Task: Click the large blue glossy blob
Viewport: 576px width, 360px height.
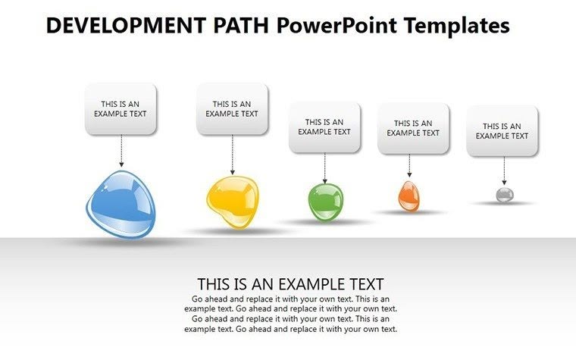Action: coord(123,205)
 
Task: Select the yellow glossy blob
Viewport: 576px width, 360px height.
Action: coord(231,200)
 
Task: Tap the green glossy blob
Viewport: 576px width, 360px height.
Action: coord(325,202)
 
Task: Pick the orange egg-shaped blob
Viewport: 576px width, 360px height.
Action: coord(409,196)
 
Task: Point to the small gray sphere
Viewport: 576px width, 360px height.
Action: coord(505,195)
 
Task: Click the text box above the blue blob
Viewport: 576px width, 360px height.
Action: coord(121,109)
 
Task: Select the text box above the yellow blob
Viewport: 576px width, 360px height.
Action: coord(232,109)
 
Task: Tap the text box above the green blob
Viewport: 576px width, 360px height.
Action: coord(324,127)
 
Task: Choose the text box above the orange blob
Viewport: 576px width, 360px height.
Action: coord(413,128)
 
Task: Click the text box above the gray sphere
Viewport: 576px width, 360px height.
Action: coord(502,131)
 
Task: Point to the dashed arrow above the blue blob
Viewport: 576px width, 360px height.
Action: coord(121,151)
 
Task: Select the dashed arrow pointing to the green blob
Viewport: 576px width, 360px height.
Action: coord(325,167)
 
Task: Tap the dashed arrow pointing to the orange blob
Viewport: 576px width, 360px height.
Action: coord(409,166)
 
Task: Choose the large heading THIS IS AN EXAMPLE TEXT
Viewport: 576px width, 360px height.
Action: coord(290,284)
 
